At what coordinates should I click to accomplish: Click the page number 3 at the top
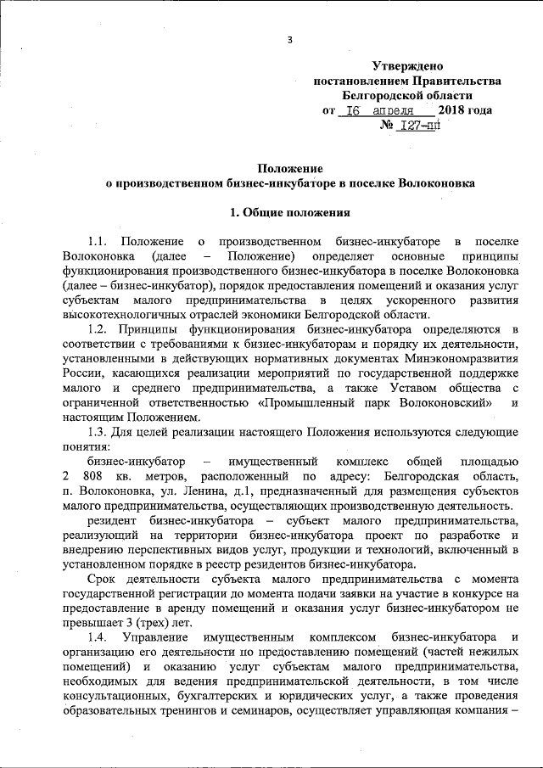(289, 40)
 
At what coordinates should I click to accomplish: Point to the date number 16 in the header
(356, 110)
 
